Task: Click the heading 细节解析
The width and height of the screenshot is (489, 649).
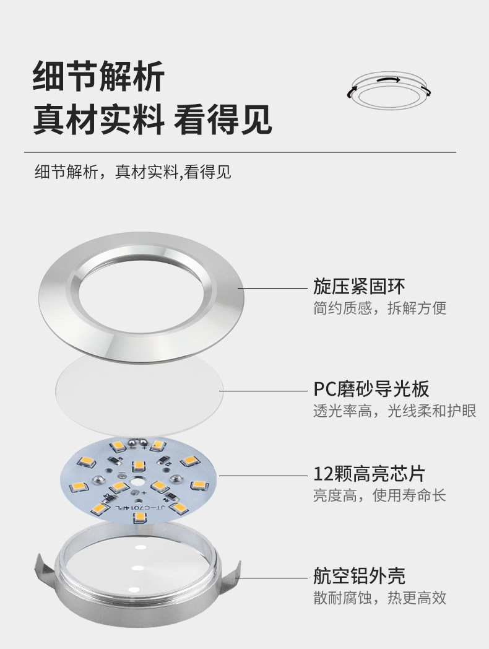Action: point(98,77)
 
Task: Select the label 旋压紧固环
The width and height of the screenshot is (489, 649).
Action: point(359,287)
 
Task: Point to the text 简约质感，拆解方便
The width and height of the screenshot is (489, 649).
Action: point(379,308)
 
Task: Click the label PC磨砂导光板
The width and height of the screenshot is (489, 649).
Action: point(371,389)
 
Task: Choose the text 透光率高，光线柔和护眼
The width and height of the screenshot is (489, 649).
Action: point(394,411)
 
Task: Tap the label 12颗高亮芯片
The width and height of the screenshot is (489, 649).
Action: point(369,474)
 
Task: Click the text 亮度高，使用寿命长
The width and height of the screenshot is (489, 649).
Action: point(379,495)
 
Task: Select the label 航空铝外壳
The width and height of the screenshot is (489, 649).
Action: point(359,575)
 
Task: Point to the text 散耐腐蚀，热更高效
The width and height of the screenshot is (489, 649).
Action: point(379,598)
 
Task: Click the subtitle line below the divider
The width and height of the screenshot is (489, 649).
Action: point(132,172)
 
